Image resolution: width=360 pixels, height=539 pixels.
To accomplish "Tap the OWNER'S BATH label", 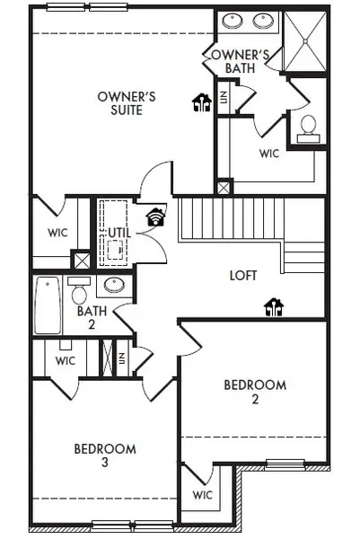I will click(234, 61).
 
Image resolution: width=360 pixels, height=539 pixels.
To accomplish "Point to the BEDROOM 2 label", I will click(255, 392).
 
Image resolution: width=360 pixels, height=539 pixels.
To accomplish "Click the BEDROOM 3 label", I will click(105, 455).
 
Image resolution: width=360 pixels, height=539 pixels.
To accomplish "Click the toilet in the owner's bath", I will click(306, 127).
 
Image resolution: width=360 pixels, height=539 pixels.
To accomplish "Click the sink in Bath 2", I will click(113, 287).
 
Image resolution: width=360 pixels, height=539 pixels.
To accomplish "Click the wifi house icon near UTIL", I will click(156, 216).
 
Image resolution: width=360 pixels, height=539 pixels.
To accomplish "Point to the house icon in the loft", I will click(272, 308).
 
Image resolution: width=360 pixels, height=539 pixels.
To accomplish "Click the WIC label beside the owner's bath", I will click(268, 154).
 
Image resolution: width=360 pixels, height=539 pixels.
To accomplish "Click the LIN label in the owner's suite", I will click(224, 93).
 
